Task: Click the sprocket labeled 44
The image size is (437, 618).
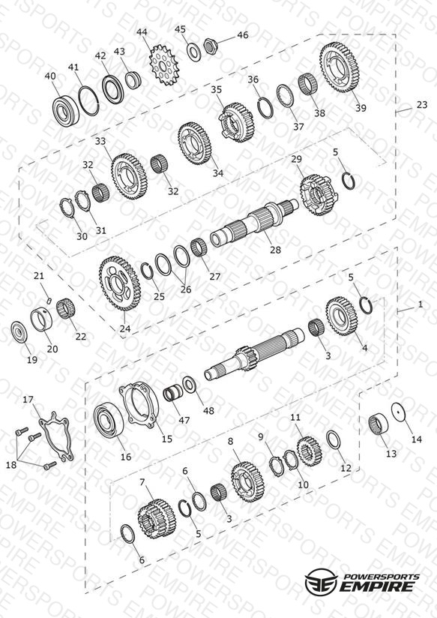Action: [x=164, y=65]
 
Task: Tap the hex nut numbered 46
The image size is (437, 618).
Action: [x=211, y=46]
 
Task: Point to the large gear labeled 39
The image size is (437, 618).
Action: [x=338, y=67]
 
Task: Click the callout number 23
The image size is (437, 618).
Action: [x=421, y=105]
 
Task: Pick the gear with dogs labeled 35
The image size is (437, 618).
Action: [x=237, y=122]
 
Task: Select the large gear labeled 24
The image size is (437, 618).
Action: [x=120, y=283]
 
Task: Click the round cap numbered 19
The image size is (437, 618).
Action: [x=19, y=334]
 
